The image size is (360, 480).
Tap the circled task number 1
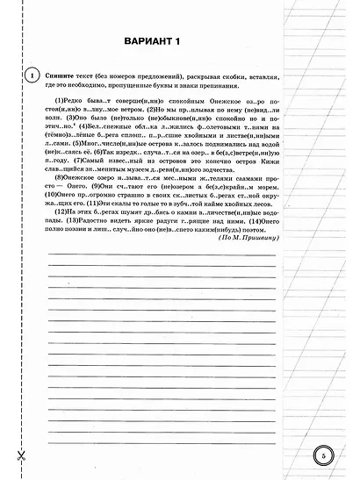[x=31, y=76]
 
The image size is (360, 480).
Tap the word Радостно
[x=101, y=222]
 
